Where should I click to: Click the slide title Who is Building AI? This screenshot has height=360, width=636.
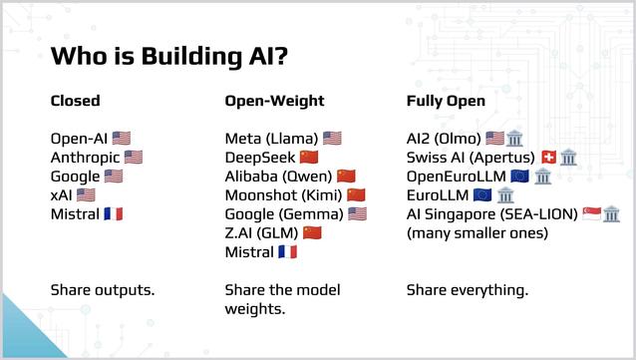pyautogui.click(x=170, y=56)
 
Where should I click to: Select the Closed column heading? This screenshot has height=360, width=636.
pyautogui.click(x=76, y=102)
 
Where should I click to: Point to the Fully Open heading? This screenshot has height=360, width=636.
pyautogui.click(x=446, y=102)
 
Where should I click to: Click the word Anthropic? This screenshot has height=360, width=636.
pyautogui.click(x=85, y=158)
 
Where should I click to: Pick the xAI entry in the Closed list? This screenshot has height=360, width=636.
pyautogui.click(x=62, y=195)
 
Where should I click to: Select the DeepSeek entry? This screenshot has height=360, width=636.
pyautogui.click(x=259, y=158)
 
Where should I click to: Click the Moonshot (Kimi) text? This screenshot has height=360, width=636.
pyautogui.click(x=282, y=195)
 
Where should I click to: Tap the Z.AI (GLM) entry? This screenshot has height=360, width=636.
pyautogui.click(x=261, y=233)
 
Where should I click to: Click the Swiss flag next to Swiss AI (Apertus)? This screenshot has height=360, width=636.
pyautogui.click(x=546, y=158)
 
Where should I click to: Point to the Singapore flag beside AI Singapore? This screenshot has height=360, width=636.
pyautogui.click(x=591, y=214)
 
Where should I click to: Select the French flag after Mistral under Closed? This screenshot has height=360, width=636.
pyautogui.click(x=114, y=214)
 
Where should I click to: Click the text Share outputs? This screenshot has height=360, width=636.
pyautogui.click(x=103, y=290)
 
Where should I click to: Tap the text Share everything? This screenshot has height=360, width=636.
pyautogui.click(x=468, y=290)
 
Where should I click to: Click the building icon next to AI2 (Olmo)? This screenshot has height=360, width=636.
pyautogui.click(x=514, y=139)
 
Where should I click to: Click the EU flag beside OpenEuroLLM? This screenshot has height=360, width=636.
pyautogui.click(x=519, y=177)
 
